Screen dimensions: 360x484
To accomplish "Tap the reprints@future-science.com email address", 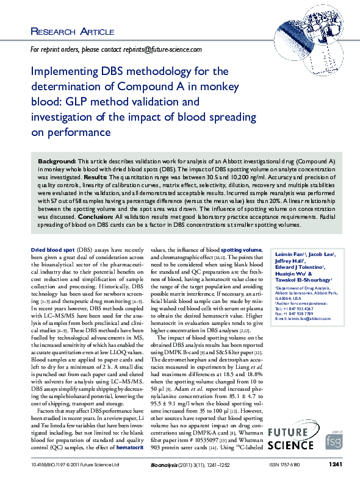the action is (164, 49).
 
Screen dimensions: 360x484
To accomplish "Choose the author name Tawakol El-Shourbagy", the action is (302, 297).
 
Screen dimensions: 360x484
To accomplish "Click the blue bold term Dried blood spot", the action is (52, 267).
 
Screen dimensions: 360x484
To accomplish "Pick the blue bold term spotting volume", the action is (241, 267).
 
